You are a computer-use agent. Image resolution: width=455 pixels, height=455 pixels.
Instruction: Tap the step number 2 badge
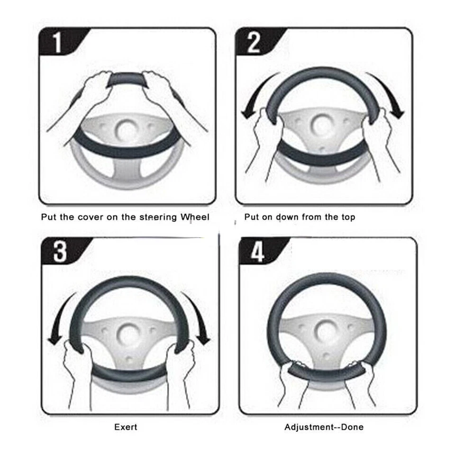point(254,43)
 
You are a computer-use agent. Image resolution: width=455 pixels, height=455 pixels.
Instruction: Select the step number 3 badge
point(60,251)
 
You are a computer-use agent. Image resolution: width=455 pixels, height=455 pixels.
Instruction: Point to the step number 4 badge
point(257,251)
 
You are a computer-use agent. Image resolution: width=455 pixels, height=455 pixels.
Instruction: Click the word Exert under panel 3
point(126,427)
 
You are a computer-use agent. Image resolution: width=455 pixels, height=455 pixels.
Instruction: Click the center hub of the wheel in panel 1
point(126,129)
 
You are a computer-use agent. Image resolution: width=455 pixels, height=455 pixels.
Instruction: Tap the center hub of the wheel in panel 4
point(327,328)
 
